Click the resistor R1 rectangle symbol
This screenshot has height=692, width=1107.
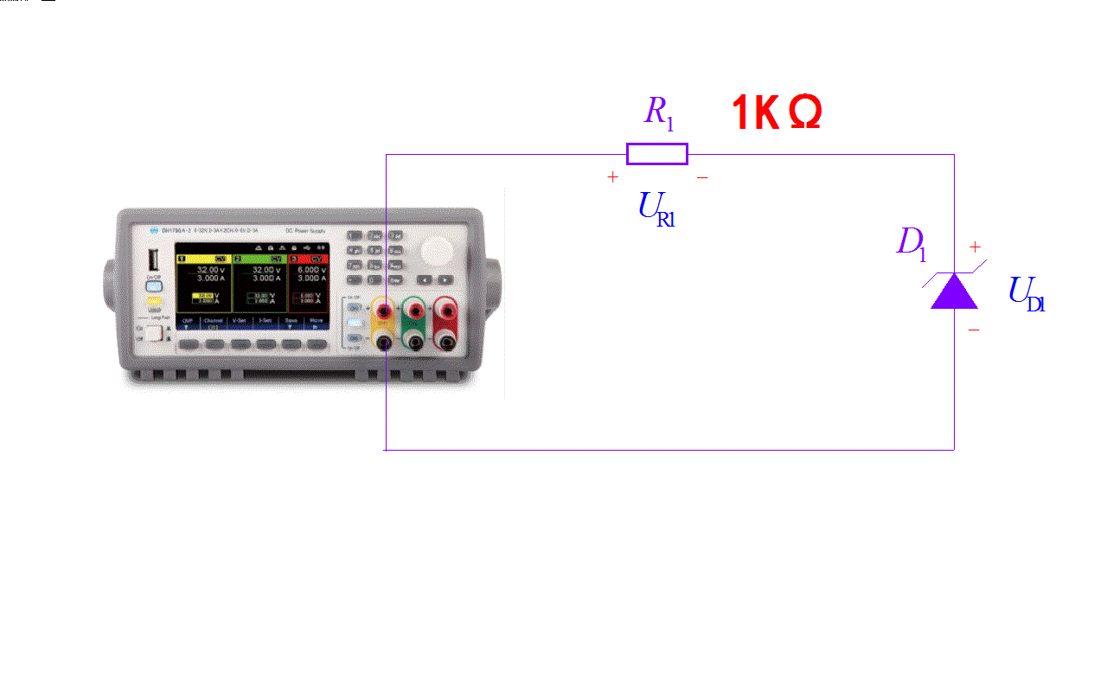657,154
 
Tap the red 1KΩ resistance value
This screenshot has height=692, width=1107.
776,113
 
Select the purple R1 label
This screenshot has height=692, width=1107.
659,112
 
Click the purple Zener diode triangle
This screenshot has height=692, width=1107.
954,292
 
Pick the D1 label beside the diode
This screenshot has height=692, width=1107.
912,243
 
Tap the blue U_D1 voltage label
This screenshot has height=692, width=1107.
1027,294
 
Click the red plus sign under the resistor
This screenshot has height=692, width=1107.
613,177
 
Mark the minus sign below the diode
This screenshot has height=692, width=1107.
974,330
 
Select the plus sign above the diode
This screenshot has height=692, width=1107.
975,247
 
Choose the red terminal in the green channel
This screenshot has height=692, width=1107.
416,310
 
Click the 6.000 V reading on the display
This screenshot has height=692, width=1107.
311,270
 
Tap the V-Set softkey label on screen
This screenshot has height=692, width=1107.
240,321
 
